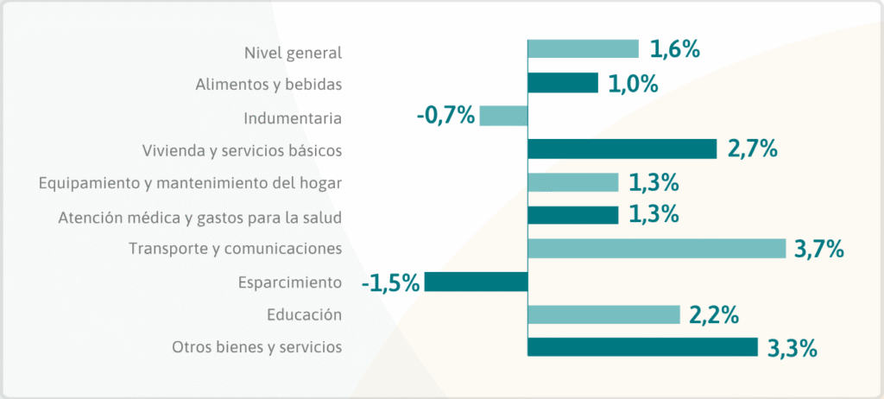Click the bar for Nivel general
point(583,49)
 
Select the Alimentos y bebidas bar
point(562,83)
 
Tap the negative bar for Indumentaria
point(503,116)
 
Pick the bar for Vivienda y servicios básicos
point(622,149)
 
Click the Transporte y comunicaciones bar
point(656,249)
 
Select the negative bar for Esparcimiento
point(476,282)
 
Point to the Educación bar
point(603,314)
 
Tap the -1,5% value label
point(391,282)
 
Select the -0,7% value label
point(445,116)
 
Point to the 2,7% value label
point(753,149)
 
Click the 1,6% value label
point(674,50)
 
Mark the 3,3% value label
point(792,348)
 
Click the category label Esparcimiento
point(289,282)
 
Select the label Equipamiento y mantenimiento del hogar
point(191,183)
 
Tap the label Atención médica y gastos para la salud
point(199,216)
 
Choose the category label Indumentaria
point(293,117)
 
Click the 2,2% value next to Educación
point(714,315)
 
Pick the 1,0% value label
point(634,84)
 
